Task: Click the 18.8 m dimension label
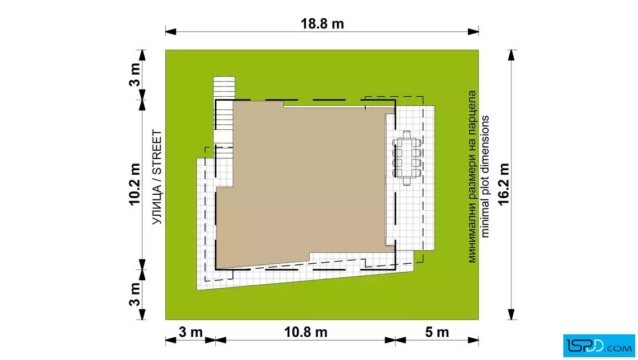pyautogui.click(x=322, y=23)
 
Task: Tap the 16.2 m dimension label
pyautogui.click(x=504, y=184)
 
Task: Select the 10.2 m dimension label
pyautogui.click(x=134, y=184)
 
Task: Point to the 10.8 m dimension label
pyautogui.click(x=305, y=332)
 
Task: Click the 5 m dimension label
pyautogui.click(x=437, y=332)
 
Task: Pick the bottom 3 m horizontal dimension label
pyautogui.click(x=190, y=332)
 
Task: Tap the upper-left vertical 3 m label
pyautogui.click(x=134, y=75)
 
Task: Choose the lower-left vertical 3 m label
pyautogui.click(x=134, y=294)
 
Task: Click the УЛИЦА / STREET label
pyautogui.click(x=157, y=177)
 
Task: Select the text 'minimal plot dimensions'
pyautogui.click(x=485, y=177)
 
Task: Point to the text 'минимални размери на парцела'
pyautogui.click(x=472, y=177)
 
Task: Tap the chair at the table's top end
pyautogui.click(x=407, y=134)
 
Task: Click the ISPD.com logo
pyautogui.click(x=599, y=346)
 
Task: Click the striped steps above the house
pyautogui.click(x=224, y=88)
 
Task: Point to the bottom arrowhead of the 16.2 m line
pyautogui.click(x=512, y=314)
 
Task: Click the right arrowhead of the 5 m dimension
pyautogui.click(x=473, y=340)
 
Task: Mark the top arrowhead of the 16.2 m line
pyautogui.click(x=512, y=55)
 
